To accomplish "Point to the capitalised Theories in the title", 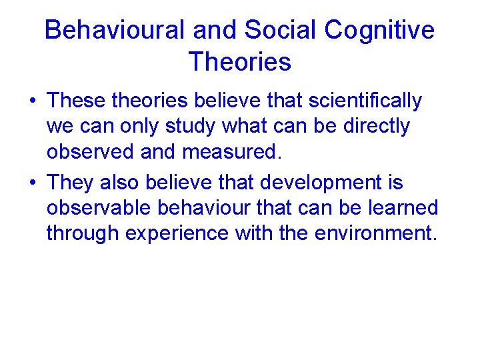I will coord(240,62).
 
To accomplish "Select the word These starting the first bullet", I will coord(77,101).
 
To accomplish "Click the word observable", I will coord(99,207).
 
